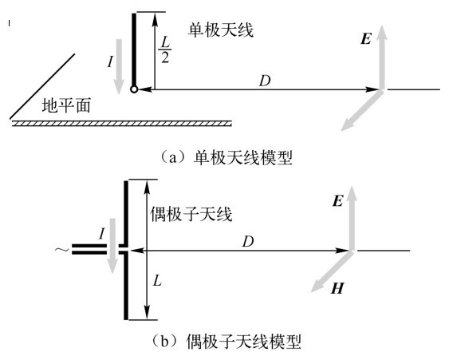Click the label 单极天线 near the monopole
(220, 30)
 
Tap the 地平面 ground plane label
(66, 105)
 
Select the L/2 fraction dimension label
(165, 49)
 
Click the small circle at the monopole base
(134, 89)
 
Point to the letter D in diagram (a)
(265, 81)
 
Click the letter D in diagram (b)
(248, 242)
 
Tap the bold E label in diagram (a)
(366, 39)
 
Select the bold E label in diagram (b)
(337, 200)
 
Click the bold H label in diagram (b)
(337, 288)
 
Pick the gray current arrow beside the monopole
(119, 67)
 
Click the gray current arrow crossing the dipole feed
(112, 246)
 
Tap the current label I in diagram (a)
(110, 61)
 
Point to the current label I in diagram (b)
(101, 233)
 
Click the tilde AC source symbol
(62, 250)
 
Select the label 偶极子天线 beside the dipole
(191, 214)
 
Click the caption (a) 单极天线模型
(226, 157)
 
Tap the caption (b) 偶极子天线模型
(226, 341)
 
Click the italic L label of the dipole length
(157, 280)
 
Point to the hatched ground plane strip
(121, 124)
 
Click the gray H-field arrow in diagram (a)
(362, 111)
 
